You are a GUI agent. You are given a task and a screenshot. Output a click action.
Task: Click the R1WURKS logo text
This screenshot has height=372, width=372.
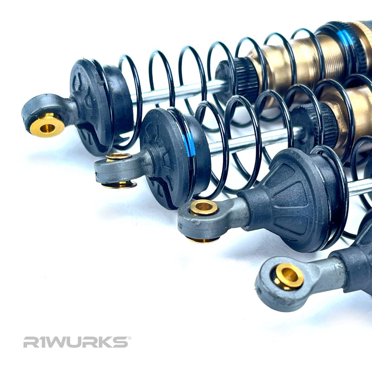coord(75,342)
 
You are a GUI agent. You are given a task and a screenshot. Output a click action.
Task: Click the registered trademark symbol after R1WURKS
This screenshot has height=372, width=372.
coord(128,338)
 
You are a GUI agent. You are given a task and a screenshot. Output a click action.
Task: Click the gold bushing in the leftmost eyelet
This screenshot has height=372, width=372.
coord(47,126)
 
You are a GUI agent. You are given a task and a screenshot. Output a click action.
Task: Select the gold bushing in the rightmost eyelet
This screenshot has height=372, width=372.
coord(289,276)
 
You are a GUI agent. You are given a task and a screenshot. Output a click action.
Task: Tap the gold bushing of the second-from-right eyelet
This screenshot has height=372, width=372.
coord(204,207)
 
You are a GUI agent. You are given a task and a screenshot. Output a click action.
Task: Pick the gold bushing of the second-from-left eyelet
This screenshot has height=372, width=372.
coord(118,157)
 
